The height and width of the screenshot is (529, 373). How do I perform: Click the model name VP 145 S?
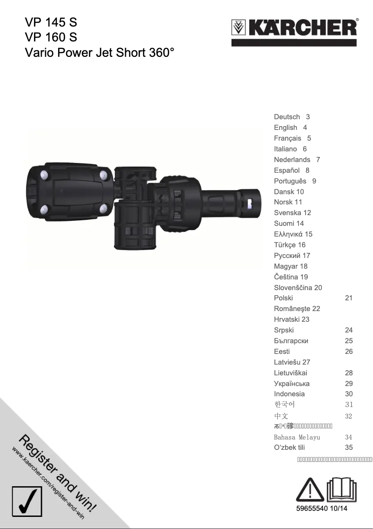51,22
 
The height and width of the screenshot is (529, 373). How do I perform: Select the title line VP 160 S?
51,37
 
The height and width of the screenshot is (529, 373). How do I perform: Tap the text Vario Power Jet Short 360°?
100,52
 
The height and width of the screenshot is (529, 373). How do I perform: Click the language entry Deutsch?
287,117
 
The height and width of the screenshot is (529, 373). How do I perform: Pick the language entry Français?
287,138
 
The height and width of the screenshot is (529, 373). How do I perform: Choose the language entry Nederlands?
292,160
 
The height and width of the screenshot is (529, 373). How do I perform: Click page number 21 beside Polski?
349,298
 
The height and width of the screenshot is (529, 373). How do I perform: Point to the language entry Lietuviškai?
291,373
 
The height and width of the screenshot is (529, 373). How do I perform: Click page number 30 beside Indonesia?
349,394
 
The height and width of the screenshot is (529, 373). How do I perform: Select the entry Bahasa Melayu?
297,437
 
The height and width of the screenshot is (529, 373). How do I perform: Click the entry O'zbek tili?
289,448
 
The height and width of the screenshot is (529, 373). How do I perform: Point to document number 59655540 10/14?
322,509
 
